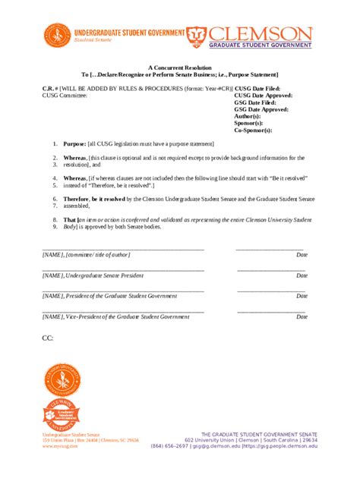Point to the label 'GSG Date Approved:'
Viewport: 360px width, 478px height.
coord(261,109)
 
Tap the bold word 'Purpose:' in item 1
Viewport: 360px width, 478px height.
coord(75,143)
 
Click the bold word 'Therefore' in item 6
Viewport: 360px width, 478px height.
coord(81,198)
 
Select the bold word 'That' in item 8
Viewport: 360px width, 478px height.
coord(70,219)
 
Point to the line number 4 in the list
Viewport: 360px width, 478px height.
coord(55,178)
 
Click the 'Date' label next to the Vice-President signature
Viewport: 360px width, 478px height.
coord(302,316)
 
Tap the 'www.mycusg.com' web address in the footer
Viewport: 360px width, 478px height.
coord(59,446)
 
